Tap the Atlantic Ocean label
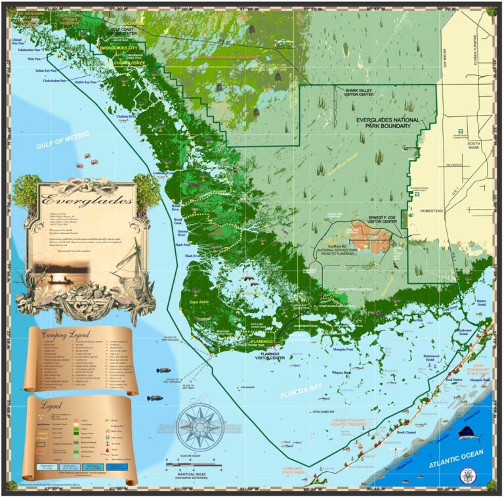[456, 459]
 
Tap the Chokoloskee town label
[131, 64]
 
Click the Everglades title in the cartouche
[85, 200]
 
